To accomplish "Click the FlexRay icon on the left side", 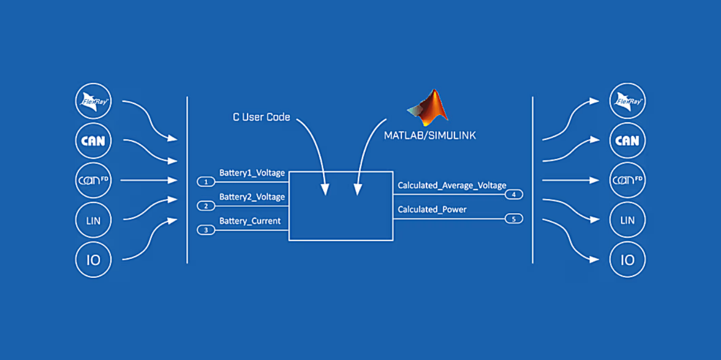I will [x=93, y=101].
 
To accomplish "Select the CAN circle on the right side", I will [x=627, y=141].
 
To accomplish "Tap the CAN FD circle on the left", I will [x=93, y=181].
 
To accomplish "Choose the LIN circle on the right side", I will [x=627, y=220].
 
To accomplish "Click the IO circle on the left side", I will [x=93, y=260].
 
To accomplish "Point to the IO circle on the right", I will [x=627, y=260].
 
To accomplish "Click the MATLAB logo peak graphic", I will [x=429, y=106].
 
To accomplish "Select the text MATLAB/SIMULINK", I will [x=430, y=135].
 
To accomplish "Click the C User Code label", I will [x=261, y=117].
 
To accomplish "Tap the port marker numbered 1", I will [x=206, y=182].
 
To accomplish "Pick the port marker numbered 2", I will [x=206, y=206].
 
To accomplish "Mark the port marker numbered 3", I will [x=206, y=230].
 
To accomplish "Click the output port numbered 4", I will [x=514, y=195].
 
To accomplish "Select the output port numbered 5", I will [x=514, y=219].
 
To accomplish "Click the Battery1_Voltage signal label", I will [x=252, y=173].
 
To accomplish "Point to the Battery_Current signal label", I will [x=250, y=221].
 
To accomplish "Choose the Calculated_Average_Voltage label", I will [x=452, y=185].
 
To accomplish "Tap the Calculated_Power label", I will [x=432, y=209].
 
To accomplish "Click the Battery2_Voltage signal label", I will [x=252, y=197].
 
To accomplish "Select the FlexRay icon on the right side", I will [x=627, y=101].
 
